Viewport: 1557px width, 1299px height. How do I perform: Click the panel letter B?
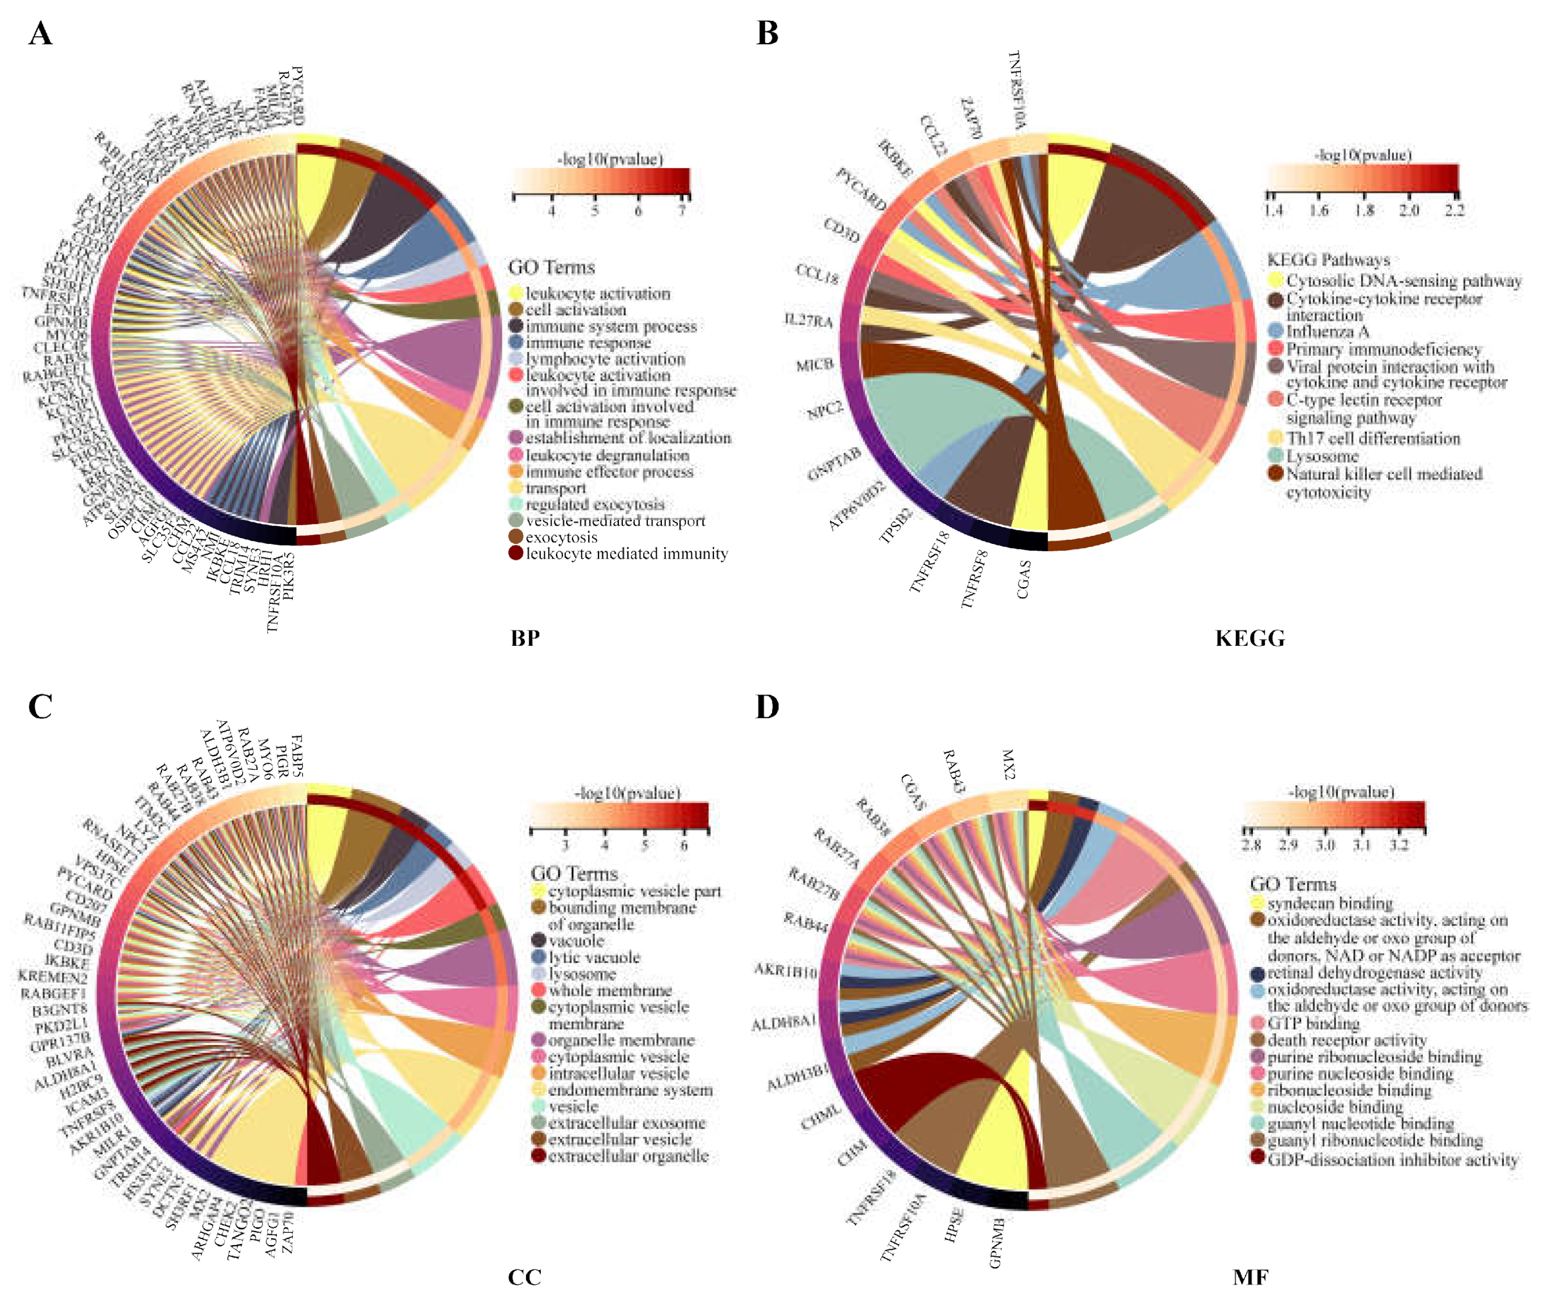(767, 34)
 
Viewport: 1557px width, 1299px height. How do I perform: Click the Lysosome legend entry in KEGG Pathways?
(1322, 456)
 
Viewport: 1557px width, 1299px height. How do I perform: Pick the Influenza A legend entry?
(1327, 331)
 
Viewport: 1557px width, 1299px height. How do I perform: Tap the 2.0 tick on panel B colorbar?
(1409, 211)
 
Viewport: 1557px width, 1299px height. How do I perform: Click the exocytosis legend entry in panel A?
(561, 537)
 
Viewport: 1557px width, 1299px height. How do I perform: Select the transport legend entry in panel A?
(555, 488)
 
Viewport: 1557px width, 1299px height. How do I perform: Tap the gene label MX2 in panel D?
(1008, 764)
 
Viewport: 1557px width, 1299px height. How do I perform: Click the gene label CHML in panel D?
(821, 1117)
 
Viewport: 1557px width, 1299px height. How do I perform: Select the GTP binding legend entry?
(1313, 1024)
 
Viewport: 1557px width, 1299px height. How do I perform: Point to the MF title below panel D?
(1250, 1277)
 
